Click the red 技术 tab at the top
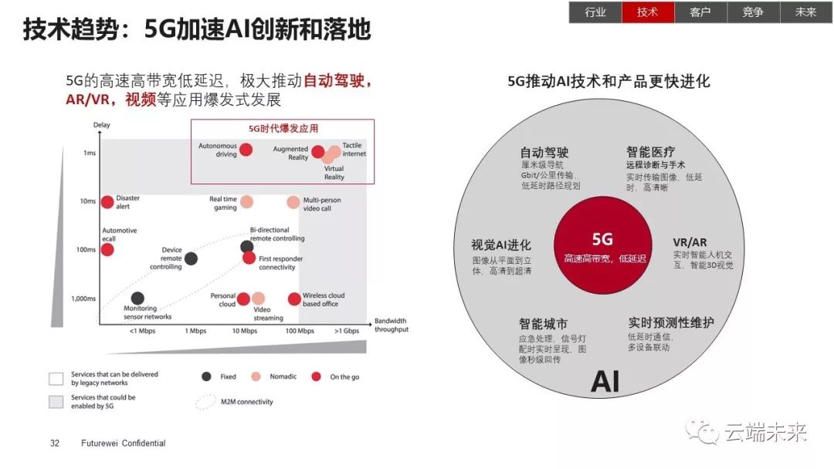click(648, 12)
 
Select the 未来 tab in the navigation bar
click(805, 12)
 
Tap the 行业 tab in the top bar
click(595, 12)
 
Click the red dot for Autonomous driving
click(246, 150)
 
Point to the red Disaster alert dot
click(107, 202)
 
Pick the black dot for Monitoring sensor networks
click(137, 298)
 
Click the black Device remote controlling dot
click(191, 258)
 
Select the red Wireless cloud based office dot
click(294, 299)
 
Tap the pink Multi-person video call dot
click(293, 202)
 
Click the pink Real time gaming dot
click(247, 202)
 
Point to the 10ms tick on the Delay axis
click(88, 201)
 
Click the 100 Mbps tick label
click(300, 331)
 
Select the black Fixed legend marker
click(206, 376)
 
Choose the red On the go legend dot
click(317, 376)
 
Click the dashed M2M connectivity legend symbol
click(206, 402)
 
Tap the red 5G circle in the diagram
click(602, 245)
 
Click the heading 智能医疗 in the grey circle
click(650, 152)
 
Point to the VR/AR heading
click(690, 242)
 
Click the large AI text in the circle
click(605, 381)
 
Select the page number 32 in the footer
click(55, 443)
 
